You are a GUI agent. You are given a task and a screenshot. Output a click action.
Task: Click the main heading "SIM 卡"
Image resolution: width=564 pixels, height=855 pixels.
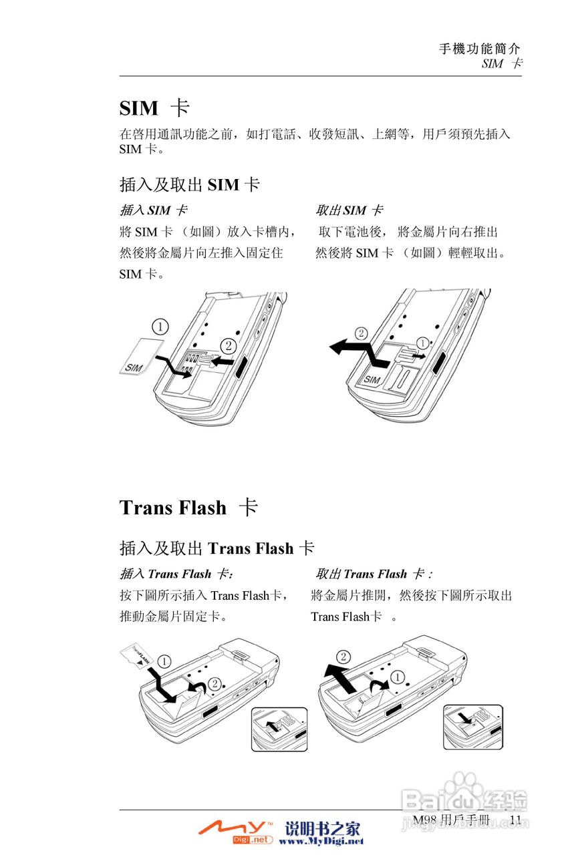click(x=154, y=108)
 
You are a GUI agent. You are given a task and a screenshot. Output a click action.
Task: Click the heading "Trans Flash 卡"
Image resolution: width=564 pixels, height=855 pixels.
click(x=188, y=508)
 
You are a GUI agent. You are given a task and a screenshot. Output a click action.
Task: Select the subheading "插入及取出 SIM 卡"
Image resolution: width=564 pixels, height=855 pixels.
click(x=189, y=185)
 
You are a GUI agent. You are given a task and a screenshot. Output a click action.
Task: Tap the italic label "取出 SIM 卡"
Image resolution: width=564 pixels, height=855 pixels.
click(x=349, y=211)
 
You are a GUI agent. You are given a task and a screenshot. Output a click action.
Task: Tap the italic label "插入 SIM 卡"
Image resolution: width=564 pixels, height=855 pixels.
click(x=153, y=211)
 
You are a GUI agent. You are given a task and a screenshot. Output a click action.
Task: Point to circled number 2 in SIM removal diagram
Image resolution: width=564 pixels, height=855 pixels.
click(x=361, y=333)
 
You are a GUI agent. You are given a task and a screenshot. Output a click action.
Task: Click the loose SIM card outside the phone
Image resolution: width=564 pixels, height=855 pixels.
click(x=142, y=355)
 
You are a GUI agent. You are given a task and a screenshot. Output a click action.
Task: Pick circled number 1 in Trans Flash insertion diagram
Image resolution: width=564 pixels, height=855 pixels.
click(x=165, y=661)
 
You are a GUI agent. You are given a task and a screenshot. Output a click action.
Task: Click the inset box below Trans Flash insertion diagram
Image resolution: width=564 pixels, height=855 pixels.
click(x=279, y=729)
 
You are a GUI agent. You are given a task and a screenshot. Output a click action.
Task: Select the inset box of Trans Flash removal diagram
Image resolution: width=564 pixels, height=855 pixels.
click(x=473, y=727)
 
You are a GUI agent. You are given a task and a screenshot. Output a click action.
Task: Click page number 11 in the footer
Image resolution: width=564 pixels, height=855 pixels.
click(x=515, y=820)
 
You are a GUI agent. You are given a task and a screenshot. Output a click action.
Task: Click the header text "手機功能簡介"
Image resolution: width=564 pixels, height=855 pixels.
click(x=479, y=49)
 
